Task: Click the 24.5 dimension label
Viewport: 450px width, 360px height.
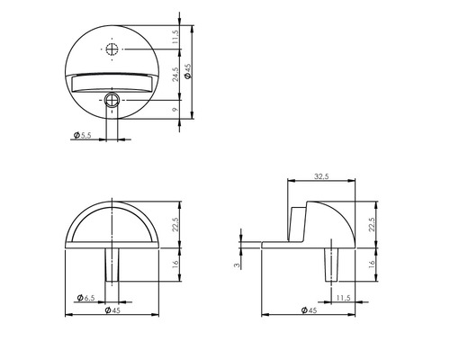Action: click(x=176, y=78)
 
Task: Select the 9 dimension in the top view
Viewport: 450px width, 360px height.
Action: click(x=176, y=111)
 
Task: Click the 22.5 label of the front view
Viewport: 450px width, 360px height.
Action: click(x=176, y=221)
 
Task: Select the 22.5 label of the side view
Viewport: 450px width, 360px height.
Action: click(x=370, y=221)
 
